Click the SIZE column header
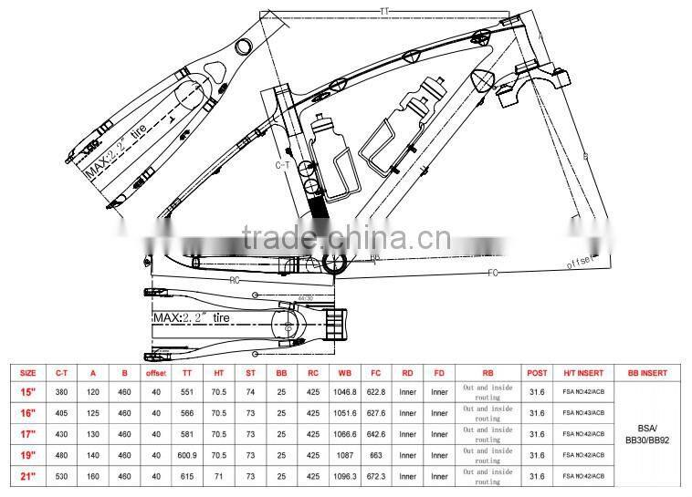coord(28,373)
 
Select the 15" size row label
coord(28,392)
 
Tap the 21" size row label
coord(28,476)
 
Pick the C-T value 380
coord(63,392)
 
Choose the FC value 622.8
coord(375,392)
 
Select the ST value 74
coord(249,392)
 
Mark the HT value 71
coord(218,476)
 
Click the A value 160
coord(93,476)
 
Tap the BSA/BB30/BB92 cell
coord(648,434)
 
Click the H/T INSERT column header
coord(582,373)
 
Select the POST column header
coord(537,373)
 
